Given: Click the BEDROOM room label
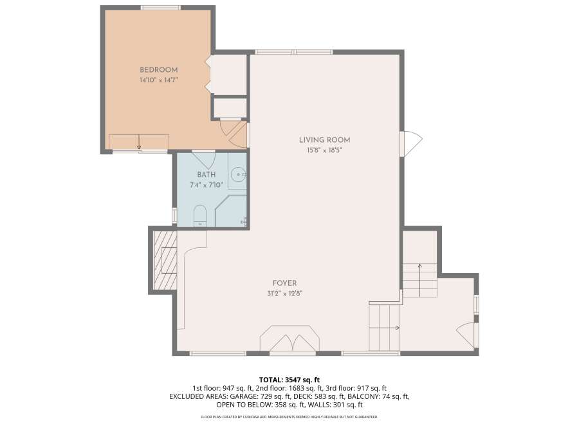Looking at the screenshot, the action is point(158,69).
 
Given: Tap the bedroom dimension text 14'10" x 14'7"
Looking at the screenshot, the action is point(158,80).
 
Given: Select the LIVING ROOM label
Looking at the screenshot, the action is point(325,140).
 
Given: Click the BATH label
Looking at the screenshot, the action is point(207,174).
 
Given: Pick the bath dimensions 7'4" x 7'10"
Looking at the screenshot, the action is point(207,185).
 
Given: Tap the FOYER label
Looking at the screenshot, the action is point(285,283).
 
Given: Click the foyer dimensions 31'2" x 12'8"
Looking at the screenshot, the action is point(285,294).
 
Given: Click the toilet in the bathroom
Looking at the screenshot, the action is point(200,216).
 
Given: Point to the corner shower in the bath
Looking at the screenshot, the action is point(232,211).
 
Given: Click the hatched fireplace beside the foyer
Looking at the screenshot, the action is point(165,260).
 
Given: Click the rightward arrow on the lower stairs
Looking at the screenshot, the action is point(385,328).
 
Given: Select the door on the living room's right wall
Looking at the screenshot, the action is point(411,140).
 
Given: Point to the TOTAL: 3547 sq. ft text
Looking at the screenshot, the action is point(289,380).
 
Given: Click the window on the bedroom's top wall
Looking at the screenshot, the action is point(161,7).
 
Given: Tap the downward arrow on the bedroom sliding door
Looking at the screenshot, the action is point(139,142).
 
